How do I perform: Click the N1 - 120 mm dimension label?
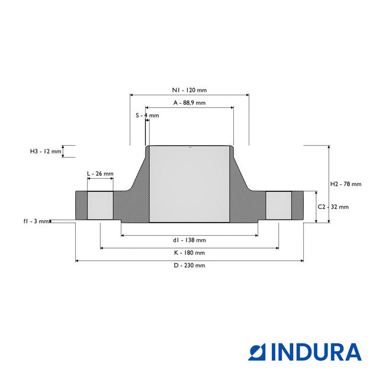point(189,90)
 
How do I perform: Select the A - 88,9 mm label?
point(189,102)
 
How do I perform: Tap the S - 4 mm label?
point(147,115)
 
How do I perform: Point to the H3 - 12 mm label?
point(46,152)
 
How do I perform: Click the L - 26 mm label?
point(100,174)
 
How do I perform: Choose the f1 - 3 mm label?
point(36,221)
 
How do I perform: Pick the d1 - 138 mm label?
point(189,240)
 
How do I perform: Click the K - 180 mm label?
point(189,253)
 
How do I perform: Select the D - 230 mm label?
point(189,265)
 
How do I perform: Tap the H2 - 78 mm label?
point(346,184)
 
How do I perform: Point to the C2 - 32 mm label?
point(333,207)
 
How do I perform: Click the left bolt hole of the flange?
point(100,205)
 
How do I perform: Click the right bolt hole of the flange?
point(278,205)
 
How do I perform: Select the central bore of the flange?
point(189,184)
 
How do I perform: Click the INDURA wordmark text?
point(316,352)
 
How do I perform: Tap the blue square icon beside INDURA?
point(256,352)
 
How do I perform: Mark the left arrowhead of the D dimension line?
point(77,261)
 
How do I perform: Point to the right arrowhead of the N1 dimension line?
point(248,95)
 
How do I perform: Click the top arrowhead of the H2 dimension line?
point(329,147)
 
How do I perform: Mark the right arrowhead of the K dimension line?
point(277,248)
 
